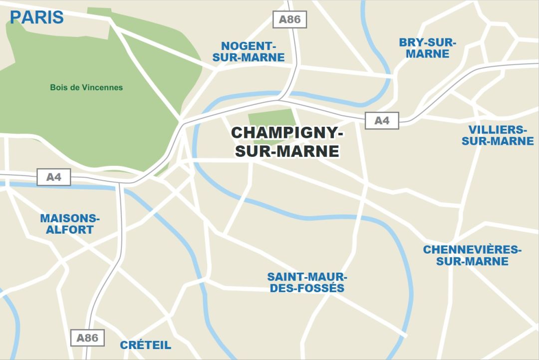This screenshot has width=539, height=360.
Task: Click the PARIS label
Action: point(37,17)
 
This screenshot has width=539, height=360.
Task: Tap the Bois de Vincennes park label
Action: point(86,87)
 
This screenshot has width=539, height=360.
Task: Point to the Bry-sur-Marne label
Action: point(427,48)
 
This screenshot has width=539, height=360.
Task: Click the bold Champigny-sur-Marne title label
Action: point(287,142)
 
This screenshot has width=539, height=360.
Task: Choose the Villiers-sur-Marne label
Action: point(498,135)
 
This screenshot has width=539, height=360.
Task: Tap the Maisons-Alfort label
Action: point(70,224)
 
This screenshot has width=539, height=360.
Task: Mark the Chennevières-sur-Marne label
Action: point(472,255)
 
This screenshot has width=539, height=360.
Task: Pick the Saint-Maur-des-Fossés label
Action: point(307,283)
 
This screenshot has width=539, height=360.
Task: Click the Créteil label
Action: point(145,345)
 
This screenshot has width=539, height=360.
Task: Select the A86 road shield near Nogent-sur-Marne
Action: point(289,19)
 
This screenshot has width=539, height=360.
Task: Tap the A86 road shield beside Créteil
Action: point(87,338)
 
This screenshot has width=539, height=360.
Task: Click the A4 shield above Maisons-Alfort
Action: point(53,177)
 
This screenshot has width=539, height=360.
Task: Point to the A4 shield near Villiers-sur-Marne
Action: point(382,121)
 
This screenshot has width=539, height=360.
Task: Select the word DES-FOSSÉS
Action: point(307,289)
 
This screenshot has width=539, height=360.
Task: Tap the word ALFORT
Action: point(70,230)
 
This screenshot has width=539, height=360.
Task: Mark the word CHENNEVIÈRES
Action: point(472,249)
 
